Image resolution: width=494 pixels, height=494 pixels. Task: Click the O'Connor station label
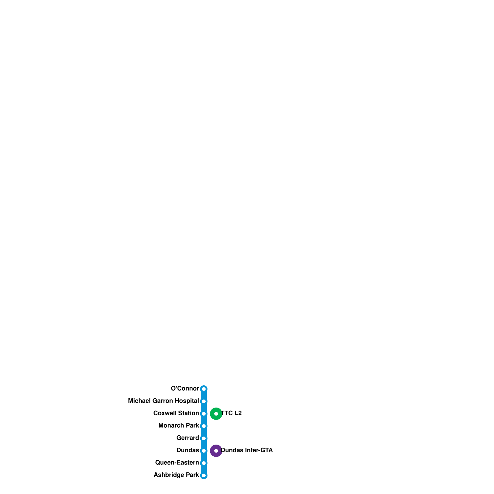[x=185, y=388]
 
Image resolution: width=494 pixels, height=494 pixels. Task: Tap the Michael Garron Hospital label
[x=163, y=401]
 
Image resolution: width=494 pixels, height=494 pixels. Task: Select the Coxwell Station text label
[x=176, y=413]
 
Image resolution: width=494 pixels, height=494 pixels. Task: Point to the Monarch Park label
[x=178, y=425]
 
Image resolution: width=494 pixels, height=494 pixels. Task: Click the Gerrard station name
[x=187, y=438]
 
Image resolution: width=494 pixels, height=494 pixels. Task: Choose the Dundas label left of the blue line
[x=187, y=450]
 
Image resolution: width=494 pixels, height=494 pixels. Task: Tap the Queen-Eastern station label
[x=177, y=463]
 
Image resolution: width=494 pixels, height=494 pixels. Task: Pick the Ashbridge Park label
[x=176, y=475]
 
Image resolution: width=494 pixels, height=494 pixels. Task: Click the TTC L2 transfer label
[x=232, y=413]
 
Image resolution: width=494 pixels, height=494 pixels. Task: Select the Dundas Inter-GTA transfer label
[x=247, y=450]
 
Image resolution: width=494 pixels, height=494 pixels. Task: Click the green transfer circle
[x=216, y=414]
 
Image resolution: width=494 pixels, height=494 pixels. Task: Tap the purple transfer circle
[x=216, y=451]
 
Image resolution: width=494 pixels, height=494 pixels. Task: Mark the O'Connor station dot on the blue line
[x=204, y=389]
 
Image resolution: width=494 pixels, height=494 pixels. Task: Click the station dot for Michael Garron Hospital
[x=204, y=401]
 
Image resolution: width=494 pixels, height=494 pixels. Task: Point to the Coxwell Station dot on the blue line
[x=204, y=414]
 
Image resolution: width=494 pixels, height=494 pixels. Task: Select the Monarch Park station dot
[x=204, y=426]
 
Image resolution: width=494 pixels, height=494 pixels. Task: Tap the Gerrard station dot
[x=204, y=438]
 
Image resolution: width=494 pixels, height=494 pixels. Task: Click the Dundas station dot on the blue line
[x=204, y=451]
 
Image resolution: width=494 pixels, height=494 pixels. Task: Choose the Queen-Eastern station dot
[x=204, y=463]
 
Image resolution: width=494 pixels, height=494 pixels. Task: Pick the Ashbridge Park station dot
[x=204, y=475]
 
